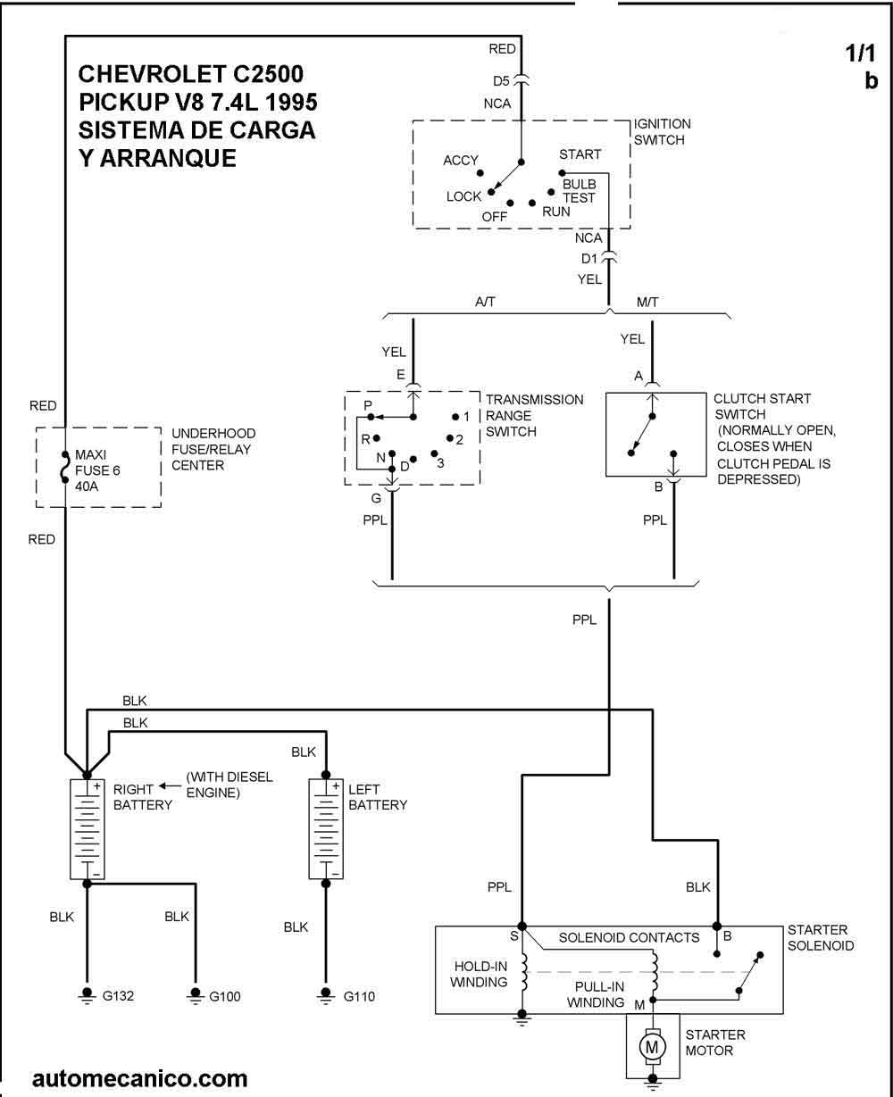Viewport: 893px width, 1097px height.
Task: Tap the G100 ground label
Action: pos(225,996)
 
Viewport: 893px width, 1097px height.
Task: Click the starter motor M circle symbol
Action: pos(653,1045)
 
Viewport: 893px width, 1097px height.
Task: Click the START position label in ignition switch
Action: pos(580,154)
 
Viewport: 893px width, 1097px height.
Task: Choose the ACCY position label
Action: pos(461,161)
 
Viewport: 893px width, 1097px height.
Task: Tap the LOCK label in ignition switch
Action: pos(463,196)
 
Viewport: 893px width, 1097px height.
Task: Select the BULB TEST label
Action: pos(579,190)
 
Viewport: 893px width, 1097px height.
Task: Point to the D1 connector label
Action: pos(589,259)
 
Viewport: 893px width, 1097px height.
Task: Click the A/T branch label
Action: pos(486,303)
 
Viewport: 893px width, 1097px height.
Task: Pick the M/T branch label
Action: pos(647,303)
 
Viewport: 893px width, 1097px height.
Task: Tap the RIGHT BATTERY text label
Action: pos(134,796)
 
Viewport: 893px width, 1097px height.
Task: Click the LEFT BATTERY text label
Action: pos(377,796)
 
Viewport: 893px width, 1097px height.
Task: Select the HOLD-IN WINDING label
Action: pos(480,974)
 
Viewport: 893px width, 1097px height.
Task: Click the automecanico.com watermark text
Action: pos(139,1078)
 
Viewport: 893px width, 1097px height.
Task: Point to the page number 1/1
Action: pos(862,54)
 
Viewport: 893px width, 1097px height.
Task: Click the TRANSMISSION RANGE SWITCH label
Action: pos(534,415)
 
